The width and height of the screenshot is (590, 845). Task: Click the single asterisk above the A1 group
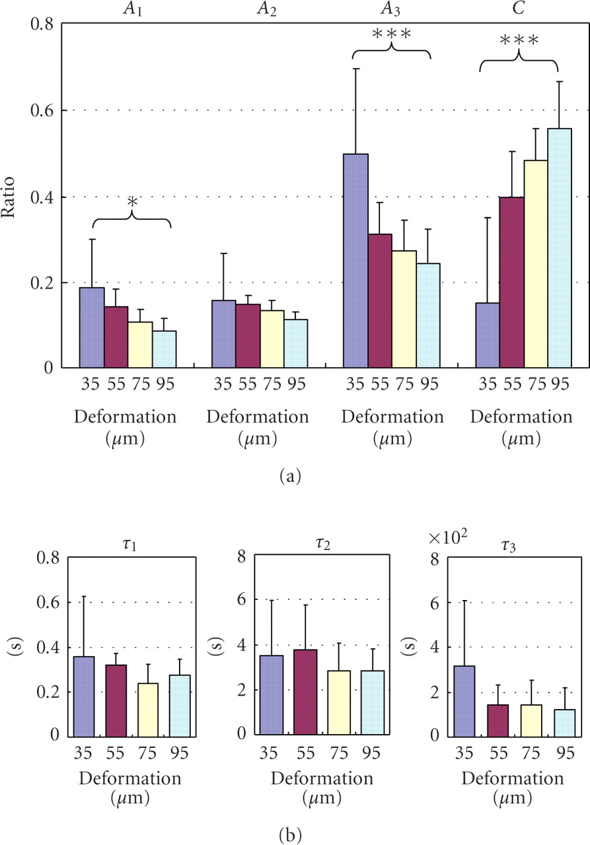click(x=132, y=201)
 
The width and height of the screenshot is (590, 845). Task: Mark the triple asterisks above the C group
click(x=519, y=41)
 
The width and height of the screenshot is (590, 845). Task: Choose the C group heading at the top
click(x=519, y=10)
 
